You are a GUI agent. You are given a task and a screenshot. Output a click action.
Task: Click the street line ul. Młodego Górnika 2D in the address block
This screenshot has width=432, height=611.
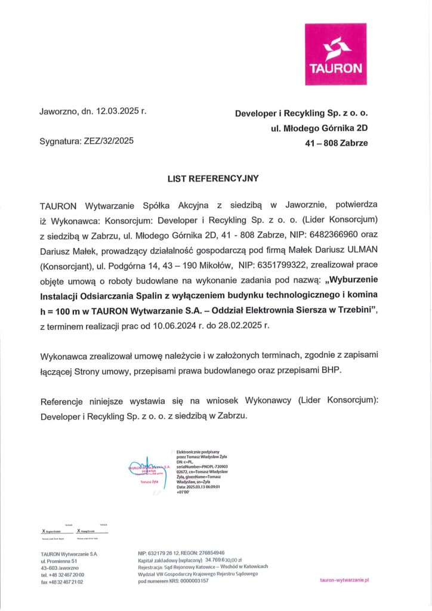pyautogui.click(x=319, y=128)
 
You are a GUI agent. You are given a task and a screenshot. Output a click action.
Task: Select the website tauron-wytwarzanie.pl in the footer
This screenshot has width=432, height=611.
pyautogui.click(x=345, y=579)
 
